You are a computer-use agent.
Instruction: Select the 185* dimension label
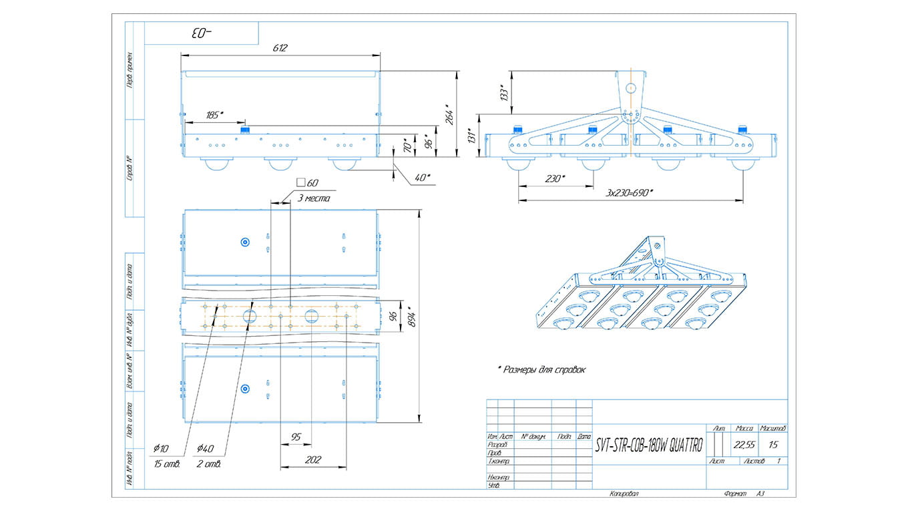[x=215, y=116]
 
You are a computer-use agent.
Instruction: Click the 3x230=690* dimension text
[x=630, y=192]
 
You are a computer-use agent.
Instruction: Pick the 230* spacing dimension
[x=554, y=178]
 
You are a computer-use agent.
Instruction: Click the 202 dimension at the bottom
[x=312, y=460]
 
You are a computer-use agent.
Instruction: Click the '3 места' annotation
[x=312, y=198]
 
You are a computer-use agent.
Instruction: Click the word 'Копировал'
[x=624, y=494]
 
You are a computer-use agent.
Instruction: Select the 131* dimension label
[x=471, y=137]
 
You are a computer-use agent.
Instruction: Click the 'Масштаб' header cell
[x=773, y=428]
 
